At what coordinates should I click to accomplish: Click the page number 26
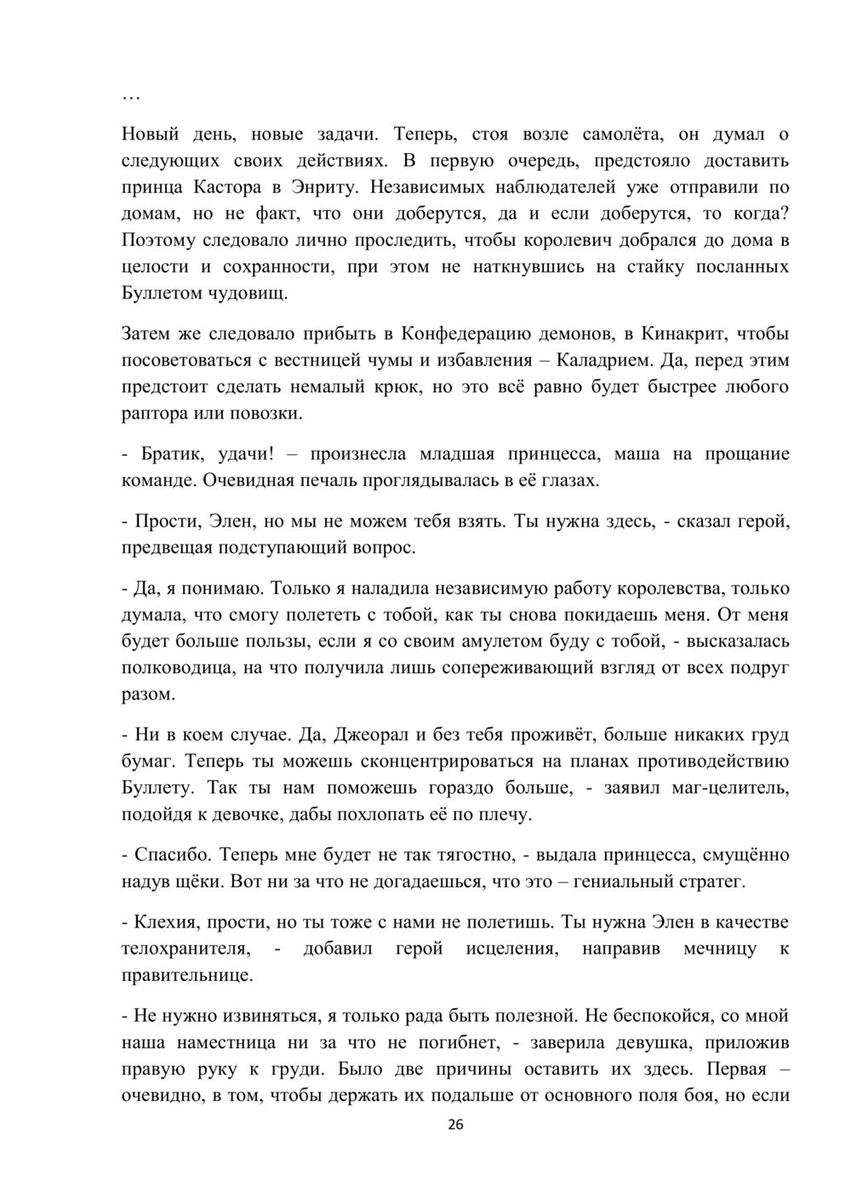coord(455,1124)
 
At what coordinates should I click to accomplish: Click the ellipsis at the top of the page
coord(131,98)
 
